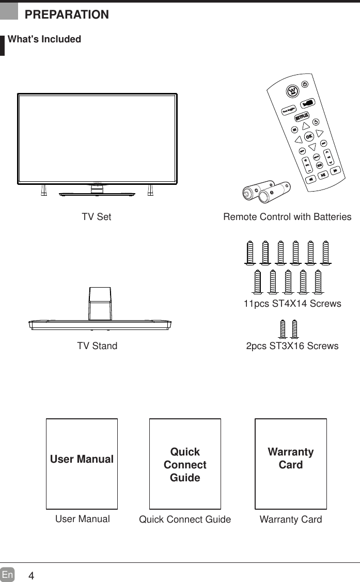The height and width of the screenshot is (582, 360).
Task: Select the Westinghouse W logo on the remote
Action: coord(292,91)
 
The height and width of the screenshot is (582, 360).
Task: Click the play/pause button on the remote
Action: coord(323,176)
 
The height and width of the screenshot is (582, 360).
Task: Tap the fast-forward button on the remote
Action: coord(335,170)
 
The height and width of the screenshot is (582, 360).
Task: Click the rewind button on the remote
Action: coord(311,180)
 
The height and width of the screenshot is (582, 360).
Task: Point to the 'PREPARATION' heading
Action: coord(67,14)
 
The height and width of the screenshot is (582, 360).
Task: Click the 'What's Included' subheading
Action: coord(44,39)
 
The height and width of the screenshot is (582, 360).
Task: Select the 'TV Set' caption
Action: coord(97,217)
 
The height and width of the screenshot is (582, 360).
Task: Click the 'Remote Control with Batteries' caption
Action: coord(287,217)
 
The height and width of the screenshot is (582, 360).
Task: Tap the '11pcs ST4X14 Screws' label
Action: coord(292,304)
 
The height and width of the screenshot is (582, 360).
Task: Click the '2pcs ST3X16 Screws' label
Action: coord(292,346)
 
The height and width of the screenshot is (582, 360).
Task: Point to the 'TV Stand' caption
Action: coord(97,346)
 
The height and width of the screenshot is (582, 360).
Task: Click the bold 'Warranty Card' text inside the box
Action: coord(291,458)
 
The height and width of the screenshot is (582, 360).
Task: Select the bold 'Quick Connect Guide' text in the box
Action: coord(185,464)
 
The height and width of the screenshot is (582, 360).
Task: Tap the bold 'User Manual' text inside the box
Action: coord(82,459)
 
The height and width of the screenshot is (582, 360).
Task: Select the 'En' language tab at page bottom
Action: coord(7,575)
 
